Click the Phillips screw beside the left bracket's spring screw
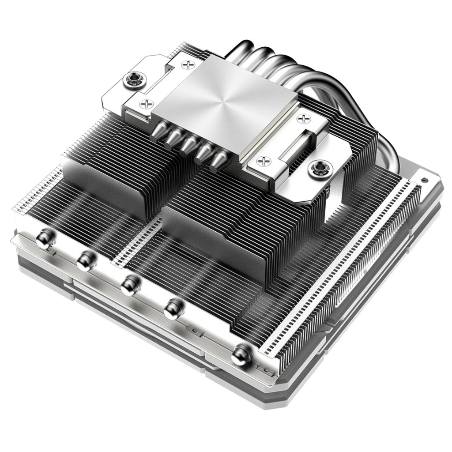pos(146,104)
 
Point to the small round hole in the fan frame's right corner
pos(424,181)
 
